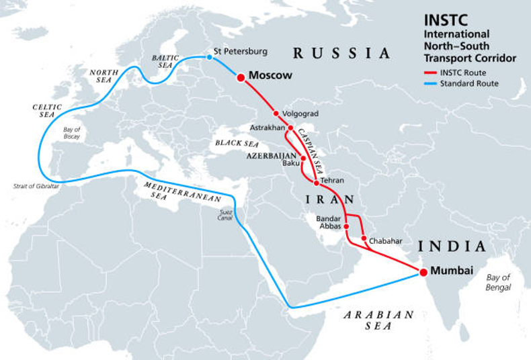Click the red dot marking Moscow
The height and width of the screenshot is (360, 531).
click(x=241, y=78)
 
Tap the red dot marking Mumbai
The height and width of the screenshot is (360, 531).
click(x=423, y=272)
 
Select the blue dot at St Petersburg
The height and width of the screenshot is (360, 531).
click(x=208, y=58)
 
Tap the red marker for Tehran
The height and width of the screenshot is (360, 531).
click(x=317, y=183)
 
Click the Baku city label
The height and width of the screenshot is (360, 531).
click(x=291, y=163)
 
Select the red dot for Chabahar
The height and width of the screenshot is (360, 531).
click(x=364, y=238)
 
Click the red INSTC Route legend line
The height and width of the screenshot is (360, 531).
click(x=430, y=73)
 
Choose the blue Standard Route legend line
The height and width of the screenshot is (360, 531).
click(x=430, y=84)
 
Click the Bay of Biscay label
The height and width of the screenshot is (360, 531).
click(x=71, y=132)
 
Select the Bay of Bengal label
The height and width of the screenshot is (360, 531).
click(x=498, y=282)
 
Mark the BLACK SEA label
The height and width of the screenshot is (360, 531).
click(x=237, y=143)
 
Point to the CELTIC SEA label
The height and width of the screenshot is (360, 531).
click(x=47, y=111)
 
